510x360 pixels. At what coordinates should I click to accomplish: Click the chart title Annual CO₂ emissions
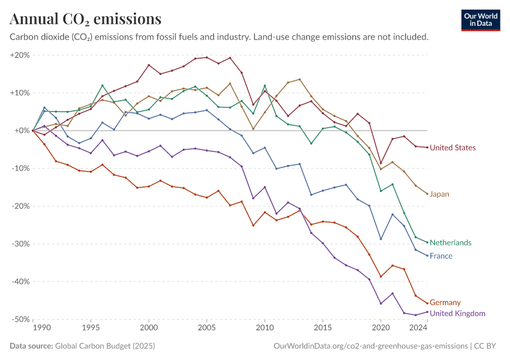point(85,19)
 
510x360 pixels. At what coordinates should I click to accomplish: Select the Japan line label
point(439,194)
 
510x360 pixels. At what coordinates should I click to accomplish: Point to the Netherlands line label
point(451,242)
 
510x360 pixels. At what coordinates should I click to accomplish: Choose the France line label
point(441,256)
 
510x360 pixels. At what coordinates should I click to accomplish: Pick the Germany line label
point(445,302)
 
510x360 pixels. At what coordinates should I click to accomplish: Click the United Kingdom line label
point(457,313)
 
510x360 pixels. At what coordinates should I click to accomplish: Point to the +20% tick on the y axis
point(20,55)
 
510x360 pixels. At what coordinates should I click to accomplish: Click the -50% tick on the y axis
point(20,319)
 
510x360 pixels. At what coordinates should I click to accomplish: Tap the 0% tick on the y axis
point(22,131)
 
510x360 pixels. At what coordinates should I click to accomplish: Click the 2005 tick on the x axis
point(207,328)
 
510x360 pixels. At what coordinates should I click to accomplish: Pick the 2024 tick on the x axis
point(418,328)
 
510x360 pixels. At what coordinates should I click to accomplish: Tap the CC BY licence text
point(487,346)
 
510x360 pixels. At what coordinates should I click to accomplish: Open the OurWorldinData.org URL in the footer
point(370,346)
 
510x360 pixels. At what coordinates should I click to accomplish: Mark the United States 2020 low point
point(380,163)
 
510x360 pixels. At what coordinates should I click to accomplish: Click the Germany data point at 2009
point(253,226)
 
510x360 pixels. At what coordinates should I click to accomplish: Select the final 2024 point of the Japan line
point(427,194)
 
